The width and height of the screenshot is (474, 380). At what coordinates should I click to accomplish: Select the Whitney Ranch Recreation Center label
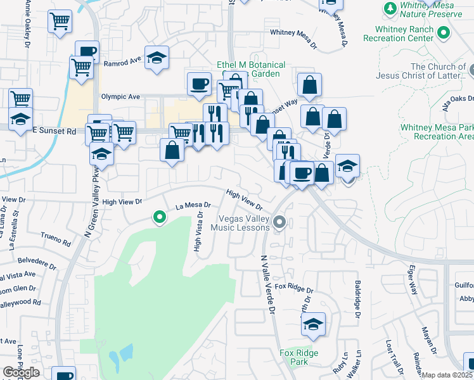pos(404,34)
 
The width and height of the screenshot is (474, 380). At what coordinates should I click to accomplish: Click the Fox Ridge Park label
pos(298,357)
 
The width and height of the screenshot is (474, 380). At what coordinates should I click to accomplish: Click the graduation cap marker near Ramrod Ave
pos(157,58)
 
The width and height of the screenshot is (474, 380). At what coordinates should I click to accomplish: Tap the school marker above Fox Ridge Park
pos(313,324)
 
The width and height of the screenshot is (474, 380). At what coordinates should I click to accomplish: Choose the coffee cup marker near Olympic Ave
pos(199,83)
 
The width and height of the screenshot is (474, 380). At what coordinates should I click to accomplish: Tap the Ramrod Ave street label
pos(122,61)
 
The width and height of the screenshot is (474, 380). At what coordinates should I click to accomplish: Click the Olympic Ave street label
pos(120,97)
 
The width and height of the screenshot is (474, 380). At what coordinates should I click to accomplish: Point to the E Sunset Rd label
pos(54,132)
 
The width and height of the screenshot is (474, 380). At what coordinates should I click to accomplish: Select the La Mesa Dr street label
pos(193,206)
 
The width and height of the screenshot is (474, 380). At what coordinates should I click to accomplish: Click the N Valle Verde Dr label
pos(268,285)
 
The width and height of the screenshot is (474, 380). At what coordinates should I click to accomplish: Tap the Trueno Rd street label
pos(57,241)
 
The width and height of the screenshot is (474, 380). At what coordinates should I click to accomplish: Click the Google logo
pos(21,372)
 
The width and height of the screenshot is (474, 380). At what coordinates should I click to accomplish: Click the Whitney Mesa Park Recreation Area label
pos(437,132)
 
